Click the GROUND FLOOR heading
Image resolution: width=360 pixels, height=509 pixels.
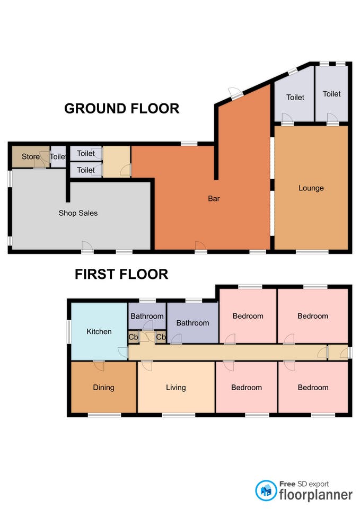122,108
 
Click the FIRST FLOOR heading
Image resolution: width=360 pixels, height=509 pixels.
121,274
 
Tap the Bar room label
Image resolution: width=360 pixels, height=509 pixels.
214,198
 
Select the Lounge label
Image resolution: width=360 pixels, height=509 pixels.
311,188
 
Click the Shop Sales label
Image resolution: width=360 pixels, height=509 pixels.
78,213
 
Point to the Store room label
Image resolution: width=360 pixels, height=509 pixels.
31,156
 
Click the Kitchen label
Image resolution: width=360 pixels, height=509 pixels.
99,331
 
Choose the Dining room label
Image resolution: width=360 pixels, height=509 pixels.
103,387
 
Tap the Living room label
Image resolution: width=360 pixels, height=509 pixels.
176,387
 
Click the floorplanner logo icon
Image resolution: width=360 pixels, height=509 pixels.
266,490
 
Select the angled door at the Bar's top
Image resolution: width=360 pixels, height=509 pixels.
235,93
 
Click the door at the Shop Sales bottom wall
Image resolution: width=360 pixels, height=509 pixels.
87,247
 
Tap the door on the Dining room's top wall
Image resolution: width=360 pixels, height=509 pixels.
99,366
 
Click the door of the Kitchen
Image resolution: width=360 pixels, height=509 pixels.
123,352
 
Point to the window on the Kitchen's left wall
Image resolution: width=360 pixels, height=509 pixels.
69,331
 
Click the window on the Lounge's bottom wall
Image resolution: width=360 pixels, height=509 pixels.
312,251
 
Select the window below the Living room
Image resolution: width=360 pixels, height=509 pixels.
179,415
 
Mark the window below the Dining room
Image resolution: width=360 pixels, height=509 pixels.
104,415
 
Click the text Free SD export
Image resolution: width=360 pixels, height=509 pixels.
304,484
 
